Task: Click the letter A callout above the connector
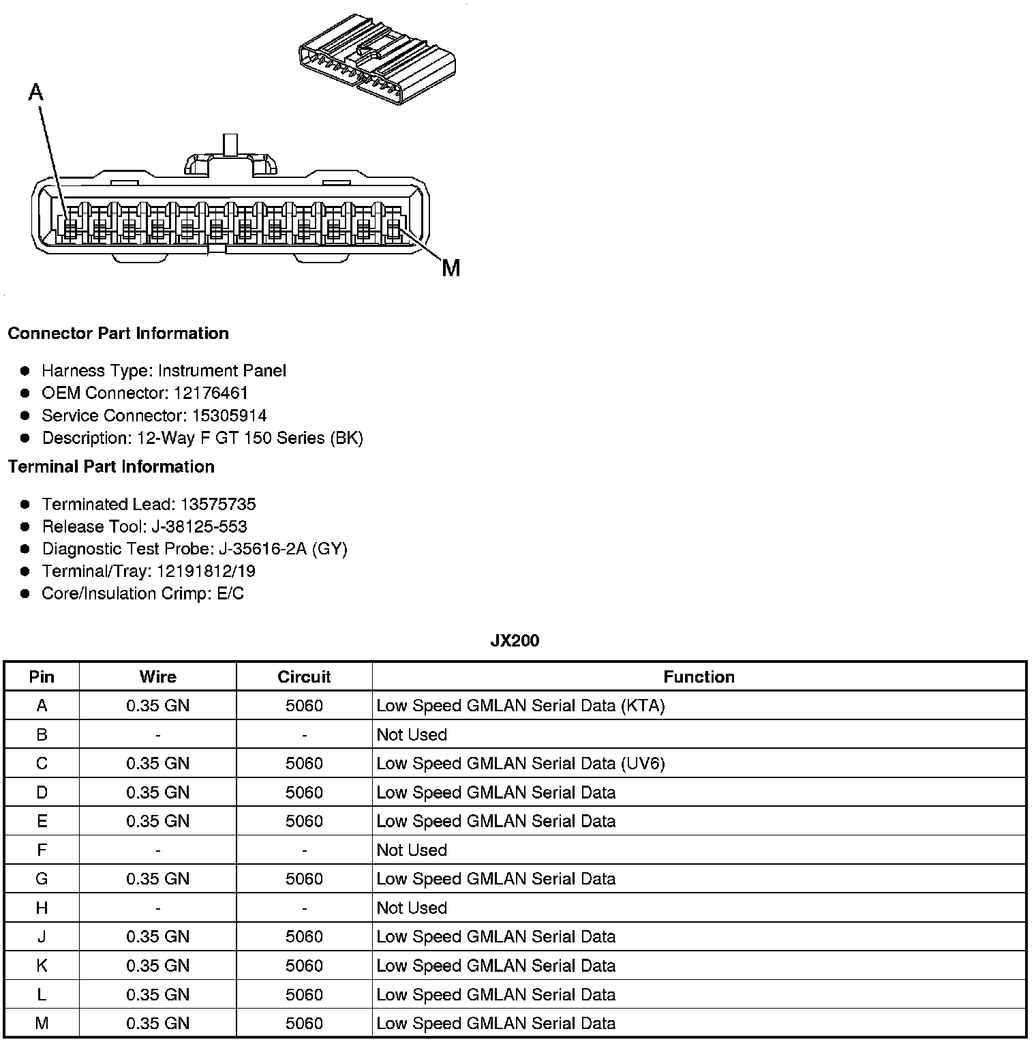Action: (x=36, y=92)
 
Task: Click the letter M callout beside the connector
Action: (x=451, y=268)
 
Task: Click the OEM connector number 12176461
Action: (x=211, y=393)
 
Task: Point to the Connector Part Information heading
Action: (x=118, y=333)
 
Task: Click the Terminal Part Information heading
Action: (x=111, y=466)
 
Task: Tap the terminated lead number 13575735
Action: (x=217, y=504)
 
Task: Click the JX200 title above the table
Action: (x=515, y=640)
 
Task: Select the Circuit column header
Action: (x=304, y=676)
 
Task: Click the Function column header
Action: (x=699, y=676)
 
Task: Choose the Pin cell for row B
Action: (x=42, y=734)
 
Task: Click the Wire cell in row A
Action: (x=157, y=706)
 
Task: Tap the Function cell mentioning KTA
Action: (x=520, y=706)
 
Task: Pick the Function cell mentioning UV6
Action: (x=520, y=763)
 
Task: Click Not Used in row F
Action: (x=412, y=850)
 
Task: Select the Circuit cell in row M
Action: (x=304, y=1023)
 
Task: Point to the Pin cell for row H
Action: (x=42, y=908)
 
